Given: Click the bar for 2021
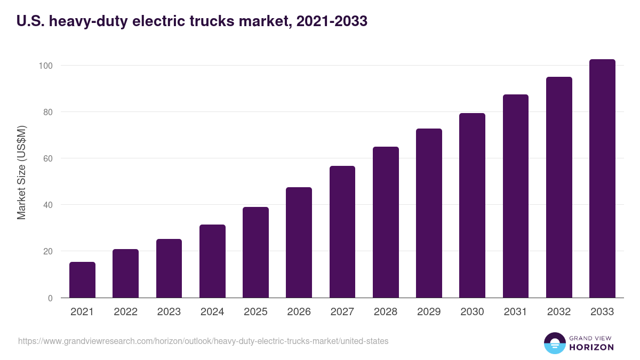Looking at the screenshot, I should pos(82,280).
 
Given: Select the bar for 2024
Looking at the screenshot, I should pos(212,261).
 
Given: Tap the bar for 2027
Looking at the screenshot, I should pos(342,232).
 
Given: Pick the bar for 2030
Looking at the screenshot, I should pos(472,205).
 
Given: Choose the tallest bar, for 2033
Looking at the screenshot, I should pos(602,179).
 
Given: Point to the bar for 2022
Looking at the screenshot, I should pos(125,274).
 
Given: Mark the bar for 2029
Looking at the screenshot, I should pos(429,213).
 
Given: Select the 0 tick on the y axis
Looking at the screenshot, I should pos(50,298).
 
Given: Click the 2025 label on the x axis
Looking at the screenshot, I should pos(255,312).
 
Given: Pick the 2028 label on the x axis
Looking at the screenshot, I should pos(386,312).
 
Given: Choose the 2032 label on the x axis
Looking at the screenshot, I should pos(559,312).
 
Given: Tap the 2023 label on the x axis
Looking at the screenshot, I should pos(169,312).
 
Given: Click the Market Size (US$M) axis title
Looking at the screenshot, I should pos(21,172).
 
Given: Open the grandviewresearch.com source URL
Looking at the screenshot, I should pos(203,341).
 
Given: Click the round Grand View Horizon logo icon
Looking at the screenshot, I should pos(554,343).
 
